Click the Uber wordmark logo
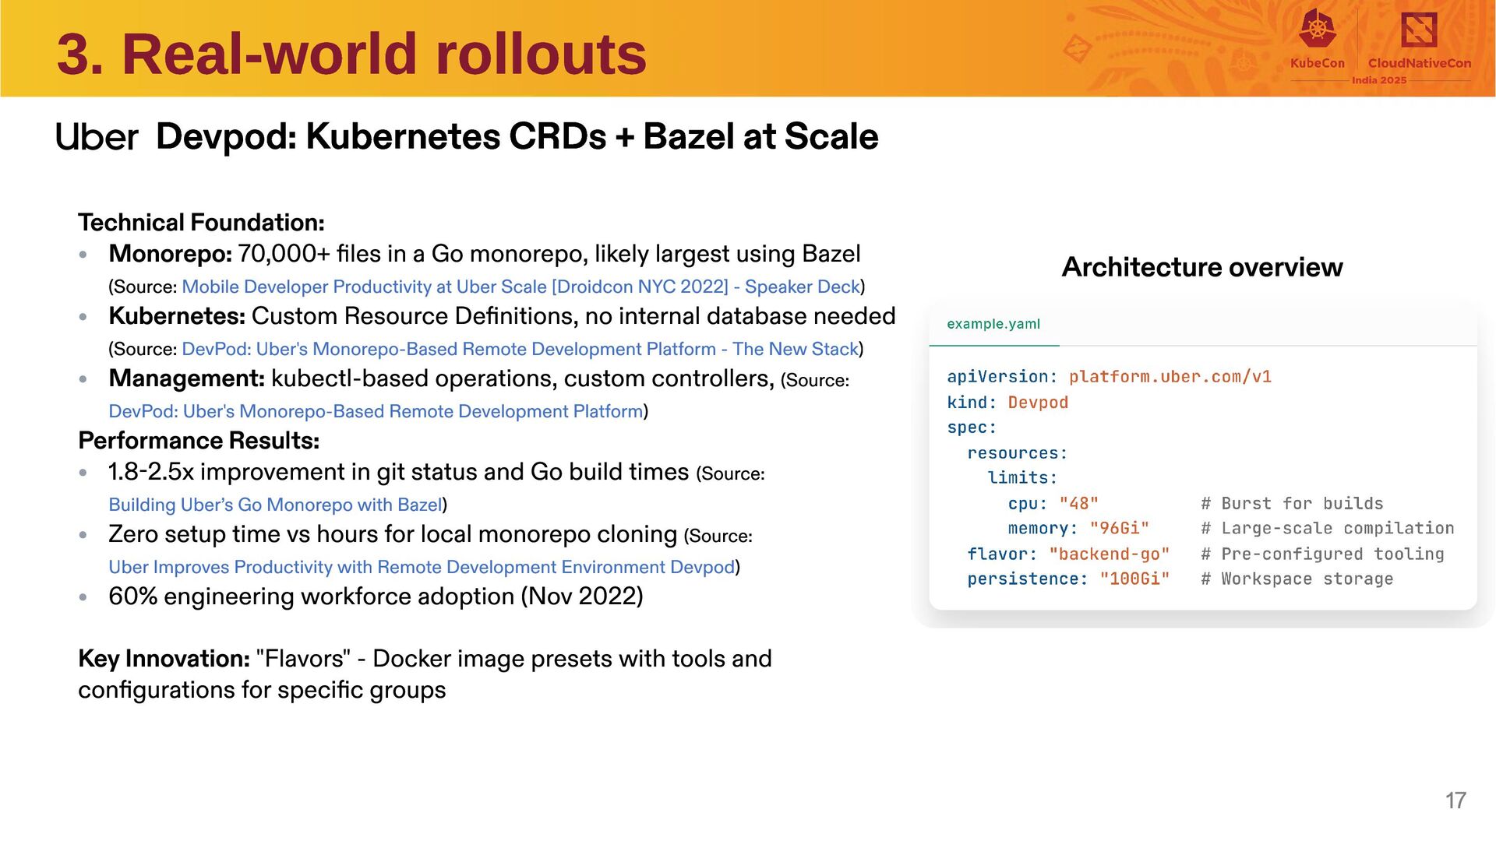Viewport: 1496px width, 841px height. (97, 138)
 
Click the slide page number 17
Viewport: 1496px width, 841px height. (1455, 801)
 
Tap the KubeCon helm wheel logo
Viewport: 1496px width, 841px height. (1317, 30)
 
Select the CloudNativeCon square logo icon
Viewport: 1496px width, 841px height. (1419, 30)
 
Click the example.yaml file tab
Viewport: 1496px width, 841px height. (993, 324)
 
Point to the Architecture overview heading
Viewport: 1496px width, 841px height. (1201, 267)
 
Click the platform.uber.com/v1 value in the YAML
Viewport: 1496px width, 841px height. (1170, 377)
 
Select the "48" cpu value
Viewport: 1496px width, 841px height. (1078, 504)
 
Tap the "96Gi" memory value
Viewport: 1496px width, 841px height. (1119, 529)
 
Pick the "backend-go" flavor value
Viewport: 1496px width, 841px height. (1109, 554)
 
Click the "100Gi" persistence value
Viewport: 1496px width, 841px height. (1134, 579)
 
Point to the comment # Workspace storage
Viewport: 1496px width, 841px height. (1297, 579)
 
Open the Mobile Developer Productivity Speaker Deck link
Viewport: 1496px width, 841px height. (520, 287)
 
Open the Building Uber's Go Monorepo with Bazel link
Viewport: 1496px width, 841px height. (275, 505)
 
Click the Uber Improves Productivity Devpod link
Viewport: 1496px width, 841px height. (422, 567)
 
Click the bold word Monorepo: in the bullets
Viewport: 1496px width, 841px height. (171, 254)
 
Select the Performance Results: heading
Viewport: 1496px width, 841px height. (199, 441)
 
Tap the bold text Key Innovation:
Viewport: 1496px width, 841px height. (164, 659)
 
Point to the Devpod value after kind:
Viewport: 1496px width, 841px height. (1038, 403)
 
